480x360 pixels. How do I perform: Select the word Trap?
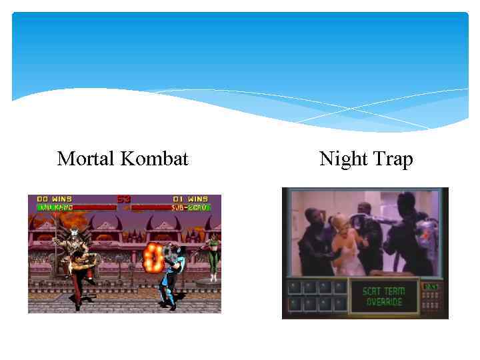[x=393, y=159]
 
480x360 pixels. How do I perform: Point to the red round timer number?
[x=123, y=199]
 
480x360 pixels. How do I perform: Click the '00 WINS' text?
[x=53, y=199]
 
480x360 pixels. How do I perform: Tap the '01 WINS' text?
[x=191, y=199]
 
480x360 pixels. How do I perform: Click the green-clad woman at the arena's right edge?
[x=213, y=257]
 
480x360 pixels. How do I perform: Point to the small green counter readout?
[x=431, y=287]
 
